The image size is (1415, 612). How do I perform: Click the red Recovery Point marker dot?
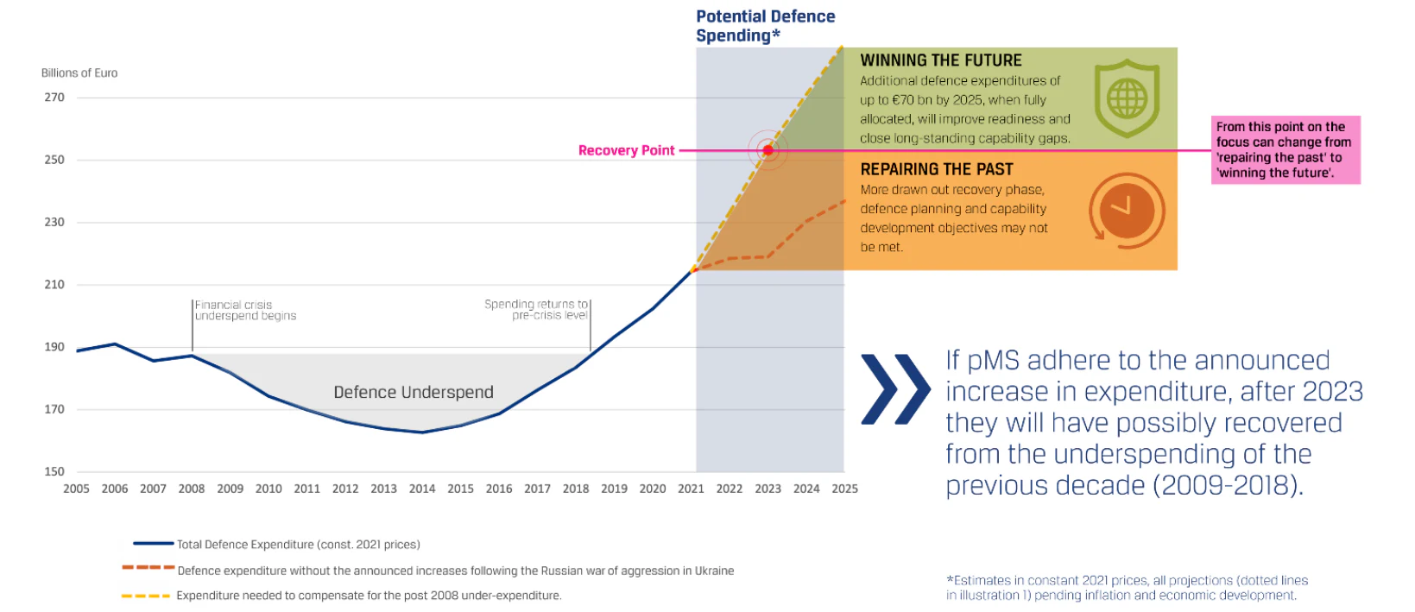(768, 150)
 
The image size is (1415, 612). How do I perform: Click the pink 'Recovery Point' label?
(626, 150)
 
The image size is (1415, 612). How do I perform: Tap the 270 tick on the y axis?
(54, 98)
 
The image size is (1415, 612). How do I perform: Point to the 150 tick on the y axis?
(54, 471)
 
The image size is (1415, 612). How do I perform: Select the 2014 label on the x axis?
(422, 489)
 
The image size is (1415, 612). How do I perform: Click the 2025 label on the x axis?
(844, 489)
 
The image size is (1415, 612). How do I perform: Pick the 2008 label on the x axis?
(192, 489)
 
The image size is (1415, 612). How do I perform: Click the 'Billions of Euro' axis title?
(79, 73)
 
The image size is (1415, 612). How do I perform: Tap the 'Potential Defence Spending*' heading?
(766, 26)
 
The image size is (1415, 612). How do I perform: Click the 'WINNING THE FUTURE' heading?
(940, 60)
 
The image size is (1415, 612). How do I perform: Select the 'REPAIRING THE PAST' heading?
(936, 169)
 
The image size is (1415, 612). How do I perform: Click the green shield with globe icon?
(1127, 98)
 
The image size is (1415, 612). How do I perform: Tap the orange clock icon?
(1127, 211)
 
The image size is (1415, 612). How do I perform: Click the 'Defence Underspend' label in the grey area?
(414, 392)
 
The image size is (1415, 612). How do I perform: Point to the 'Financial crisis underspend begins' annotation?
(245, 310)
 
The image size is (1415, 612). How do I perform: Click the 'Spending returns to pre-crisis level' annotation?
(536, 310)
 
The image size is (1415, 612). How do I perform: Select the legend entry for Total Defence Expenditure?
(276, 544)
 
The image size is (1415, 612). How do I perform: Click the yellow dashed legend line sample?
(146, 596)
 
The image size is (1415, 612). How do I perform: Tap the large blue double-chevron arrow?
(896, 389)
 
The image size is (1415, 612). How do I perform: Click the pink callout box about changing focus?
(1286, 149)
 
